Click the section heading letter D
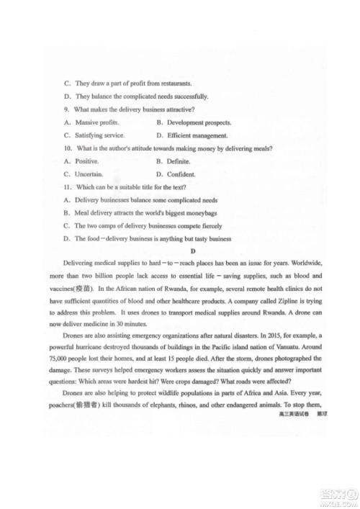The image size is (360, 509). pyautogui.click(x=192, y=251)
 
